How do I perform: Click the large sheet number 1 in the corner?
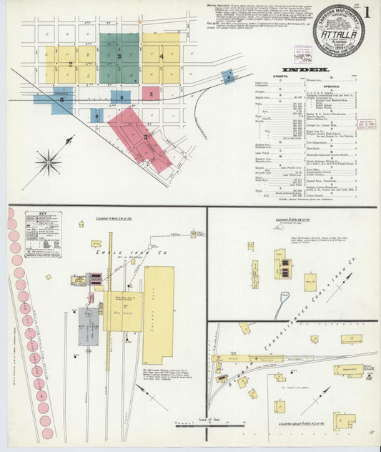click(367, 11)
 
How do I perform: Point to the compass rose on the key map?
click(49, 162)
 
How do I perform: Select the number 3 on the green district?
click(119, 56)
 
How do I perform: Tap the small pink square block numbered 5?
click(150, 93)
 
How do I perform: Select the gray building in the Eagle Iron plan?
click(89, 325)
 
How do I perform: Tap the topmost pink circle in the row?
click(12, 213)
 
